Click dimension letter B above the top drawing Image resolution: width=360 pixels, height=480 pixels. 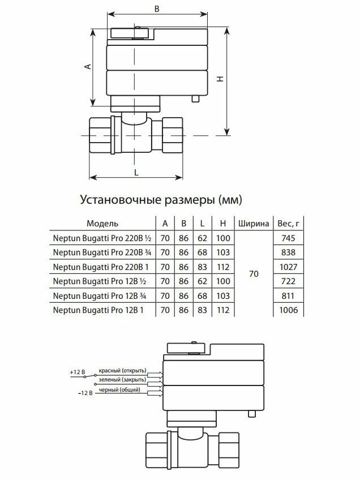157,8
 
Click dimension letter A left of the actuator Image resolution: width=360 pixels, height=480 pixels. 87,66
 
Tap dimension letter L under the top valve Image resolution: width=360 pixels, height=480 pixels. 136,171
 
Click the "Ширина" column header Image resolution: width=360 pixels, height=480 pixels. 253,222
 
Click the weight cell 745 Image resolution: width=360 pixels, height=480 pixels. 288,238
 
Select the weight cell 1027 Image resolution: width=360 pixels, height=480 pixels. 288,267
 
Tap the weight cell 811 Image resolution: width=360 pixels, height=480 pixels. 288,295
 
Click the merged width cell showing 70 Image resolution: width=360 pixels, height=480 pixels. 253,274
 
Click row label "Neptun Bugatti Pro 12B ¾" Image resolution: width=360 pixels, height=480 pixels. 96,295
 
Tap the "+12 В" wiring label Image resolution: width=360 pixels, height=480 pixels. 77,372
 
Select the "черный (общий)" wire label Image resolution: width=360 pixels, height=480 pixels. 118,391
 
